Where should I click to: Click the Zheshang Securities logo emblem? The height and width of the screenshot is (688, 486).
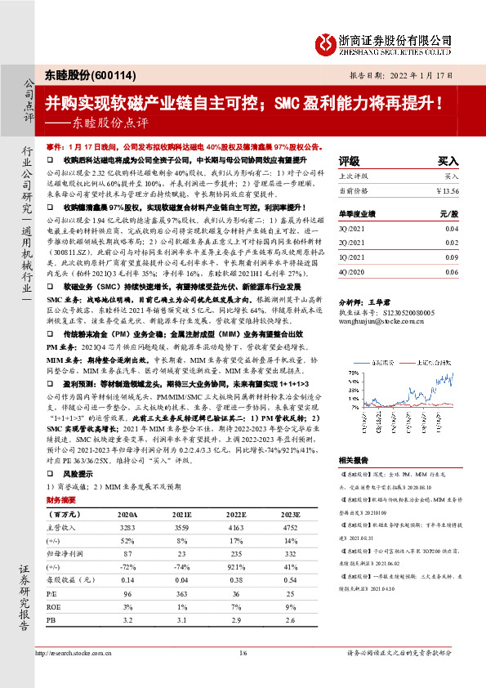pyautogui.click(x=328, y=43)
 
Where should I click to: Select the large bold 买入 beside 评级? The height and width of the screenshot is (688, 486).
pyautogui.click(x=448, y=161)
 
